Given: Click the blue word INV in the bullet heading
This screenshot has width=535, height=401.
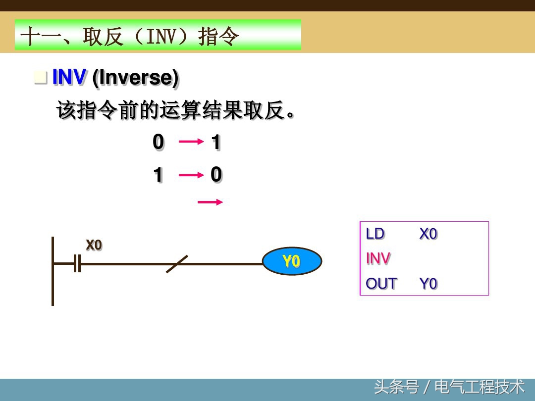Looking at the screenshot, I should [x=69, y=78].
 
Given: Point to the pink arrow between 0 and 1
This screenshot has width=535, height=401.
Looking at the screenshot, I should [x=191, y=142].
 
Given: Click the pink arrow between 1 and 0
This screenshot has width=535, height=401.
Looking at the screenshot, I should [x=191, y=175].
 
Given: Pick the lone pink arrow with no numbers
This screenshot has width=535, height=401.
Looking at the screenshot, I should [x=210, y=202].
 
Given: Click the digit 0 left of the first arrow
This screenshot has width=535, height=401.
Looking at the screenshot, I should [x=158, y=143].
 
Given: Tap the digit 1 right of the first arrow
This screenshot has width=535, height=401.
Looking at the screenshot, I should [x=216, y=143].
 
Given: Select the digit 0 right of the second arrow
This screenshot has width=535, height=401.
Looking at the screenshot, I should [x=216, y=175].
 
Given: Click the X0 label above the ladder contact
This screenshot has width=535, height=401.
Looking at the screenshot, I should [x=94, y=245].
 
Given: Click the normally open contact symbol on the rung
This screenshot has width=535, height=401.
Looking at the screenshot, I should [x=77, y=263].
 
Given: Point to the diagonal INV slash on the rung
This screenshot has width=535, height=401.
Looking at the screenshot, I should [x=177, y=264].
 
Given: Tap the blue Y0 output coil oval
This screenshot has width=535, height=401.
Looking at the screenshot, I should [x=291, y=261].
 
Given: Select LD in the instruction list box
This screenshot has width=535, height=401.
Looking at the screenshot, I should [x=375, y=234].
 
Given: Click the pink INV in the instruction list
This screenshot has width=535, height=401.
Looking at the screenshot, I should [x=378, y=258].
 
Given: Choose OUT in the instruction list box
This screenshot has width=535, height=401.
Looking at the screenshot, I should [x=381, y=284].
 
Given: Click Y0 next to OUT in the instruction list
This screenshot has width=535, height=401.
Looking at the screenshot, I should [x=428, y=284].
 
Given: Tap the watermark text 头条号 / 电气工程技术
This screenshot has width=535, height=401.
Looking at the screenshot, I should [x=449, y=387].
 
